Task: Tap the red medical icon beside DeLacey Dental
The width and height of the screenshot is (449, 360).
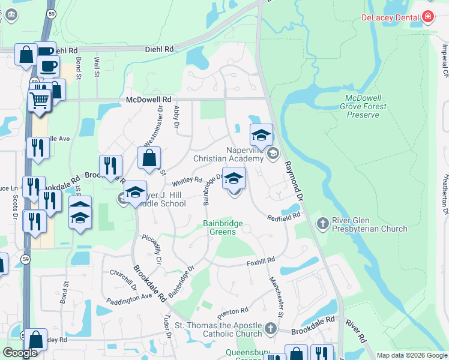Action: [x=427, y=17]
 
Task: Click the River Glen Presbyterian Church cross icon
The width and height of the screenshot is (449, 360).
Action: [x=322, y=224]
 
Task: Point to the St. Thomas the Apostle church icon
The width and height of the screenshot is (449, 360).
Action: [x=271, y=328]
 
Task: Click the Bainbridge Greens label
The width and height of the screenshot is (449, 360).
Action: [x=223, y=227]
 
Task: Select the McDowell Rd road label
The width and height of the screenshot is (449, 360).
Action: [x=149, y=100]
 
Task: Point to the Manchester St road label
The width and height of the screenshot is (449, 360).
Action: [x=276, y=296]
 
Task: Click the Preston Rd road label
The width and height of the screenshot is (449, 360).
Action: [x=233, y=311]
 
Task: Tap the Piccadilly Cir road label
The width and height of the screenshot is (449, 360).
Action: [x=152, y=250]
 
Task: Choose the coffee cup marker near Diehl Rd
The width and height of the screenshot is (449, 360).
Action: [x=47, y=65]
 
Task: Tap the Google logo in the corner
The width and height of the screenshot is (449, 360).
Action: [x=20, y=353]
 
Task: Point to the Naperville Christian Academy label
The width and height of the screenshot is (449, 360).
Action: [x=228, y=154]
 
